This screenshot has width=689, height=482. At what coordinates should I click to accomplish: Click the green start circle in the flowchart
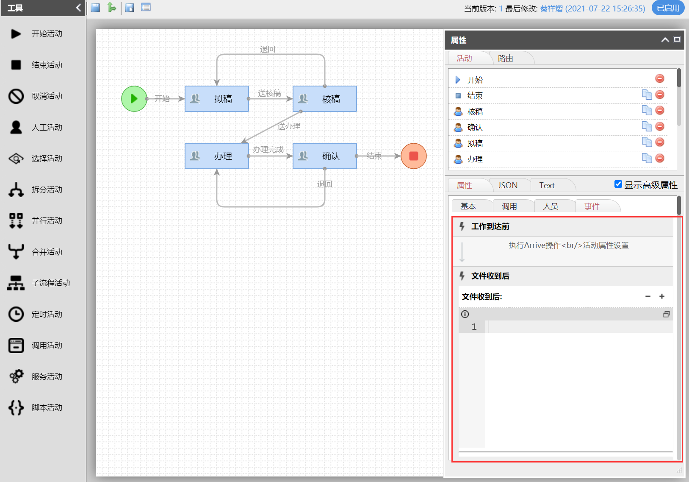134,99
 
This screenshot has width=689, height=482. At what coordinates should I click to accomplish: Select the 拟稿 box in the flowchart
217,99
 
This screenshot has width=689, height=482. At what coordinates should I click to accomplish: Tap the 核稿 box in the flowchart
325,99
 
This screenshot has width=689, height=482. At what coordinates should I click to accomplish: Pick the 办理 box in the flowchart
217,156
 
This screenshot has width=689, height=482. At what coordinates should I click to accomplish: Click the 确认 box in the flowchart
325,156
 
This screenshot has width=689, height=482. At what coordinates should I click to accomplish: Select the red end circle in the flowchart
413,156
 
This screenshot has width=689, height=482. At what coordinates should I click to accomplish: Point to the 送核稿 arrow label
269,93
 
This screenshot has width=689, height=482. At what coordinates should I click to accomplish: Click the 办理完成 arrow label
268,149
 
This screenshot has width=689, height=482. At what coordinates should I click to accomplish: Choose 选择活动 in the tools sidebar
47,159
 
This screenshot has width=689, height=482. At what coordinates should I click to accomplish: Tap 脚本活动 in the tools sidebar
47,408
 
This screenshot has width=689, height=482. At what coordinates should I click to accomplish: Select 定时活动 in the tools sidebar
47,315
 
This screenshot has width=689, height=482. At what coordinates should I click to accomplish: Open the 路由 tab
505,59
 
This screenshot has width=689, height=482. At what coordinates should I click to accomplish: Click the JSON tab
507,185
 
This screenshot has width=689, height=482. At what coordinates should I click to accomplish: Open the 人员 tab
551,206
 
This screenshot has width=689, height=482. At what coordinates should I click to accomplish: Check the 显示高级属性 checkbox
618,184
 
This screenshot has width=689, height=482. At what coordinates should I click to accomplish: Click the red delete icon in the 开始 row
659,78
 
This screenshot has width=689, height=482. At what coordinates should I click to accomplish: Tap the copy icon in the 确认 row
647,126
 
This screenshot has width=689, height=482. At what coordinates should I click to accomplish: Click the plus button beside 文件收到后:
662,296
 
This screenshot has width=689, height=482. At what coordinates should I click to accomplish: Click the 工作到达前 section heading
490,226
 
